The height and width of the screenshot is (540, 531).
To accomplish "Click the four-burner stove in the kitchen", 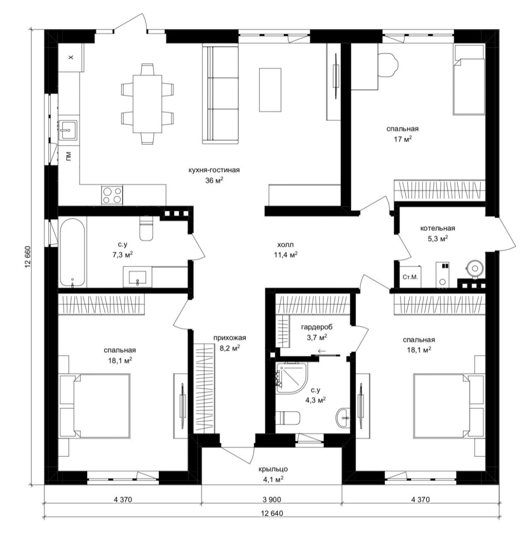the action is click(x=112, y=195).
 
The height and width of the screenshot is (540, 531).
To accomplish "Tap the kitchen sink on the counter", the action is click(x=68, y=130).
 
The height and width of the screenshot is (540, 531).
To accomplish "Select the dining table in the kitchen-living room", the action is click(x=147, y=104).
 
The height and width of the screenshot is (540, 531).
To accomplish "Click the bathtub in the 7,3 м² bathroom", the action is click(x=72, y=252).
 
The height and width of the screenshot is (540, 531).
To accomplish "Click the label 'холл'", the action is click(x=285, y=245).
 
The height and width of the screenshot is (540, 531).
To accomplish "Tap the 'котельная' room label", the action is click(x=438, y=229).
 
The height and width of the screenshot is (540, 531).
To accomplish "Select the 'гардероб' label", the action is click(x=316, y=327).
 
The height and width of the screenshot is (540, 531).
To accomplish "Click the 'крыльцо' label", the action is click(x=273, y=469).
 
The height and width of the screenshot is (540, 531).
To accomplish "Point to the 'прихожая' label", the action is click(x=229, y=338).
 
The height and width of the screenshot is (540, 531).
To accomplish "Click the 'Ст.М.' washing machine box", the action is click(x=410, y=277).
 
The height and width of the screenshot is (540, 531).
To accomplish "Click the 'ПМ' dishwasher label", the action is click(x=68, y=156).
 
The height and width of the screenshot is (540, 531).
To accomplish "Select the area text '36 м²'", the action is click(x=215, y=180).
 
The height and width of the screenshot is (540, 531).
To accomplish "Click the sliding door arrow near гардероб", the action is click(x=322, y=351).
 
